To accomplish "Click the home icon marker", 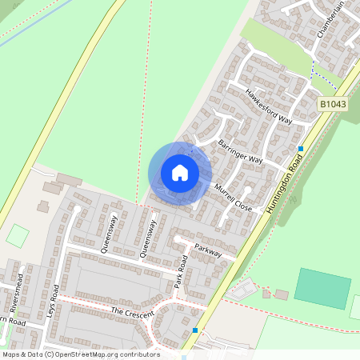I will tap(180, 172).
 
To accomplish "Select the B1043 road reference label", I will tap(334, 105).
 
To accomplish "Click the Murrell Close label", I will tap(233, 197).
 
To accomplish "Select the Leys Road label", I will tap(53, 300).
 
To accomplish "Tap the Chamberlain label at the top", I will tap(330, 18).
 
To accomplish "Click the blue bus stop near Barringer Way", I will tap(301, 149).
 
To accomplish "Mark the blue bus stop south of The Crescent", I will tap(195, 330).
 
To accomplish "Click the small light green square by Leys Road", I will tap(17, 236).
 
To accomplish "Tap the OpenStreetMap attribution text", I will tap(80, 354).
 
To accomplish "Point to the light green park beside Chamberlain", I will tap(275, 44).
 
